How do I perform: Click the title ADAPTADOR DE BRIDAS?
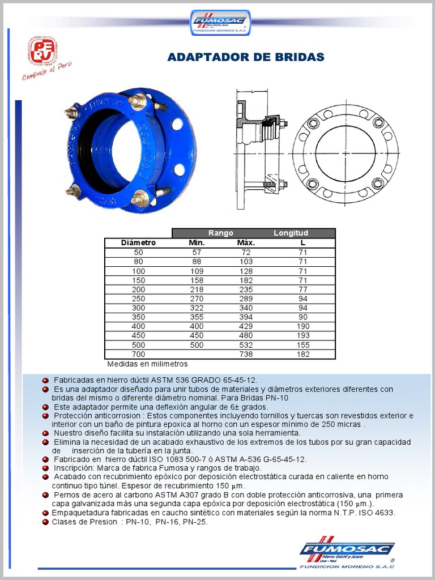click(246, 57)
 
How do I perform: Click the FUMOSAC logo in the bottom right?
click(347, 552)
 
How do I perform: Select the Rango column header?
click(220, 233)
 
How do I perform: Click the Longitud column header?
click(291, 233)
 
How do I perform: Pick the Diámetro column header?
click(138, 243)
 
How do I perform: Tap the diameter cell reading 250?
click(138, 298)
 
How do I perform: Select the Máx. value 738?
click(246, 355)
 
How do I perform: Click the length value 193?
click(302, 336)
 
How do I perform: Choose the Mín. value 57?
click(196, 252)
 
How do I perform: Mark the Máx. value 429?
click(246, 326)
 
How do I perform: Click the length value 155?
click(302, 345)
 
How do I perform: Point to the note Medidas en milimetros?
click(147, 364)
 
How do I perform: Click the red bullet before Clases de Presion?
click(45, 522)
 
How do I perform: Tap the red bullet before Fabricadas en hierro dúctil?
click(45, 380)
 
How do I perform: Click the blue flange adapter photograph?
click(129, 150)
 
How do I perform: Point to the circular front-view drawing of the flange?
click(346, 153)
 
